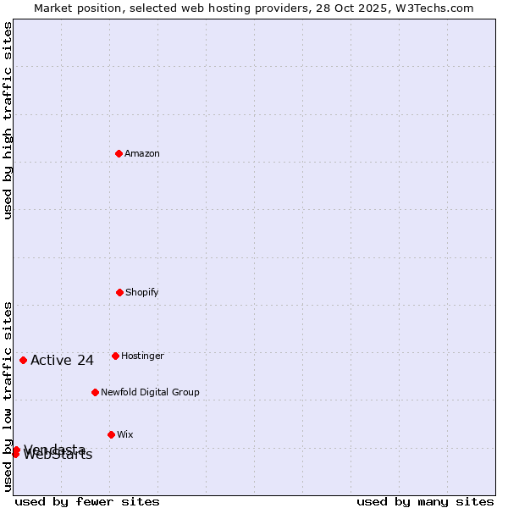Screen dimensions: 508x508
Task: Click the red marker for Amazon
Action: tap(119, 153)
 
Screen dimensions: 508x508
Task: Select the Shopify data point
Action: tap(119, 292)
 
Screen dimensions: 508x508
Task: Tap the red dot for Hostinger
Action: tap(115, 356)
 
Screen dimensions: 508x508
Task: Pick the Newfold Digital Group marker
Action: tap(95, 392)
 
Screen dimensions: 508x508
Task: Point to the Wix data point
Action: tap(111, 434)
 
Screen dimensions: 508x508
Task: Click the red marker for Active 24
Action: tap(23, 360)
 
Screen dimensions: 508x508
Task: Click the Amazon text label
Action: tap(142, 153)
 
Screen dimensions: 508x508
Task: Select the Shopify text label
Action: tap(142, 292)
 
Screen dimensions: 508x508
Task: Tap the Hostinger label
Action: tap(142, 356)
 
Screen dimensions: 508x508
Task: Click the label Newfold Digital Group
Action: tap(150, 392)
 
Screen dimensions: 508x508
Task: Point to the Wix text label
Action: tap(125, 434)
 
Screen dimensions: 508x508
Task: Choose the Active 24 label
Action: tap(62, 361)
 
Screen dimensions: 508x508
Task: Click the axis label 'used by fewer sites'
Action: tap(87, 501)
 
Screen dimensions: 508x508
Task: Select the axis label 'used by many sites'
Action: tap(425, 501)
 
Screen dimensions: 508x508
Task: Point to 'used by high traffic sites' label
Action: tap(8, 120)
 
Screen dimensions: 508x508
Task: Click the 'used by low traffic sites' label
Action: tap(8, 395)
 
